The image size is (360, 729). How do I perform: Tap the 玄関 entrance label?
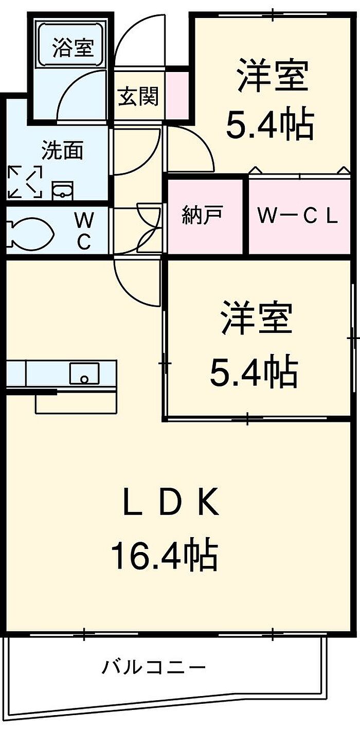tap(138, 96)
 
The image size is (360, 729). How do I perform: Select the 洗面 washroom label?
tap(62, 151)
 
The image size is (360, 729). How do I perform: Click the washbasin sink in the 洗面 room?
tap(63, 191)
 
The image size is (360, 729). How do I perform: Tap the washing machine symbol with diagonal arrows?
tap(25, 182)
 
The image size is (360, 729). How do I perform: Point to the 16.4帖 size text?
tap(164, 554)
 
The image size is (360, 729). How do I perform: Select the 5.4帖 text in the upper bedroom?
tap(270, 125)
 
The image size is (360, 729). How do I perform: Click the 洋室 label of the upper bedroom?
tap(273, 76)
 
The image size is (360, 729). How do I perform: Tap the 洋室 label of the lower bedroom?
tap(257, 319)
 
